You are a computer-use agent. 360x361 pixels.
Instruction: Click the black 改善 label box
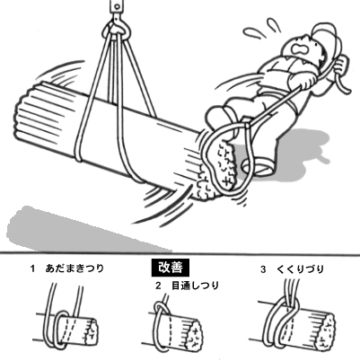(171, 268)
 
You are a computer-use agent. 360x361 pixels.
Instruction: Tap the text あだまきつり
(75, 269)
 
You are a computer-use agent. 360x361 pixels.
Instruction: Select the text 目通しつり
(195, 286)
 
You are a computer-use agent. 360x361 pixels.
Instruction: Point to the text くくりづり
(301, 269)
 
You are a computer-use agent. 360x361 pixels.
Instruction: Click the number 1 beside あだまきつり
(32, 269)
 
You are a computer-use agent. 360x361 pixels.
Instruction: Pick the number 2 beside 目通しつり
(158, 286)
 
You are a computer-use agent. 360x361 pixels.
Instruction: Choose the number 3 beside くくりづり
(263, 269)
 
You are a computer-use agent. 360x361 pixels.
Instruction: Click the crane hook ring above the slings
(117, 30)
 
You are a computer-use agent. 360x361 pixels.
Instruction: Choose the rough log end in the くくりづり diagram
(327, 331)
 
